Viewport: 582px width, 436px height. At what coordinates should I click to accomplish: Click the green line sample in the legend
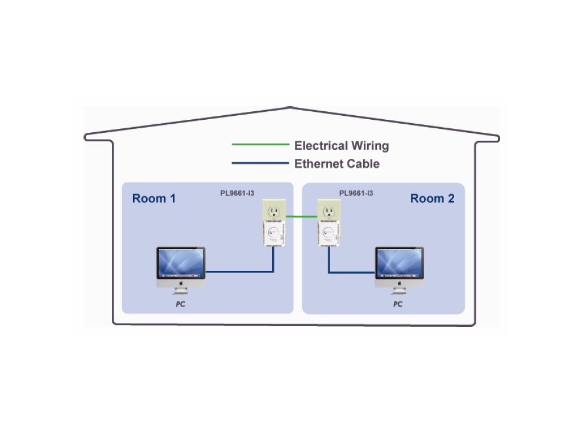click(x=260, y=145)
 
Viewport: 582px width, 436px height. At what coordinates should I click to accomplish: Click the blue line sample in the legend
click(x=260, y=163)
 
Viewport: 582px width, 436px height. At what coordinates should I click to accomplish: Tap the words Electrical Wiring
click(x=341, y=145)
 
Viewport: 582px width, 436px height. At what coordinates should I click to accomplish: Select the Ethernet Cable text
click(x=336, y=164)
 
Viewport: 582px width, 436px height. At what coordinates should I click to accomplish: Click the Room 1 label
click(x=153, y=199)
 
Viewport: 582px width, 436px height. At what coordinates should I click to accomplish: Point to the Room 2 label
click(x=432, y=199)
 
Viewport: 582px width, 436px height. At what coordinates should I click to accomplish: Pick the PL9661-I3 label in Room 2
click(x=356, y=193)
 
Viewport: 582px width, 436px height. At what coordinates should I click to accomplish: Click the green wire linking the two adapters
click(x=301, y=216)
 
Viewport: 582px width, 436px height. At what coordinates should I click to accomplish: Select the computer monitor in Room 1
click(x=181, y=265)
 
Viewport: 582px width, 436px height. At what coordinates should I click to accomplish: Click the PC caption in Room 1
click(x=180, y=304)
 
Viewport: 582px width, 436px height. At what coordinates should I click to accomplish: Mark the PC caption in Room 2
click(x=398, y=304)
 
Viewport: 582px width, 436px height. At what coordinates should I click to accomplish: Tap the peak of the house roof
click(x=290, y=107)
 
